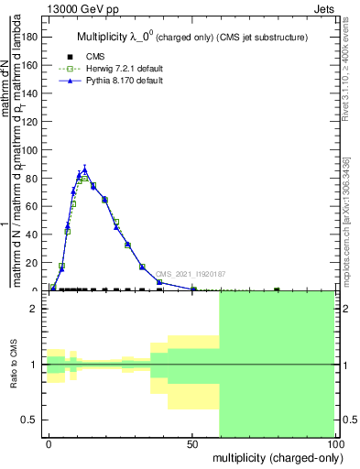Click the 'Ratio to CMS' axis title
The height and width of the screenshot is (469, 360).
(x=15, y=365)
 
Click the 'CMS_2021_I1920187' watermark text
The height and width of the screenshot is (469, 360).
(x=190, y=274)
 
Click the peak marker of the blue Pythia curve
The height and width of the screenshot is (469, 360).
(x=84, y=169)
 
